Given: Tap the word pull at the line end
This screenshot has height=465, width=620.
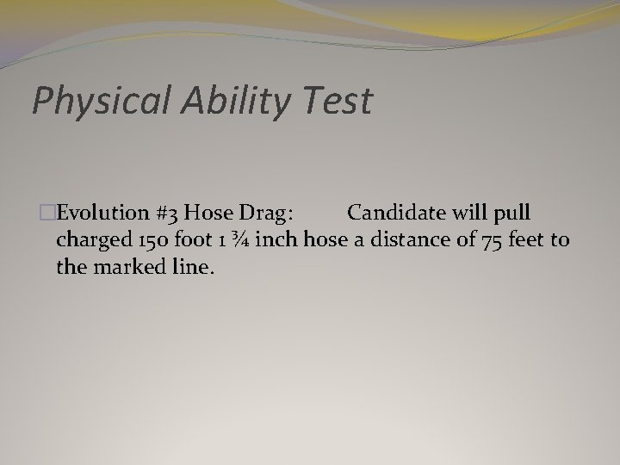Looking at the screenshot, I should tap(512, 214).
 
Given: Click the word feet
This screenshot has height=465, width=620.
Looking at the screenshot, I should tap(524, 239).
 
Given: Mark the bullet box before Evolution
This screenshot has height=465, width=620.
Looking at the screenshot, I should tap(35, 214).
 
